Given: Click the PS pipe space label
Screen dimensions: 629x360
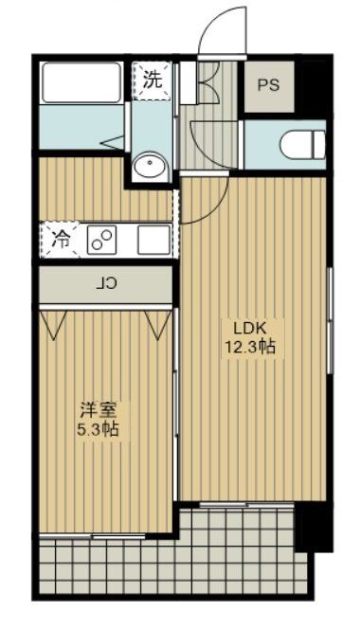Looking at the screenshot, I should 268,84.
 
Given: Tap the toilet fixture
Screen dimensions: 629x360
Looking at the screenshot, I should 302,143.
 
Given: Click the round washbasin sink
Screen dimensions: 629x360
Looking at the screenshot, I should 150,168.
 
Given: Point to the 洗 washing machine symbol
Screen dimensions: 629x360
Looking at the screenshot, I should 152,80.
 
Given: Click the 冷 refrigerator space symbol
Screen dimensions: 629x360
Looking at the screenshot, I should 60,239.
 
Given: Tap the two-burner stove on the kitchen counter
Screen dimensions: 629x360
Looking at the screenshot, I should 100,240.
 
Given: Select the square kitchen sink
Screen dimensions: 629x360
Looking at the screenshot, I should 152,240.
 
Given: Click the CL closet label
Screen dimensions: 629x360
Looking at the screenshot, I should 107,282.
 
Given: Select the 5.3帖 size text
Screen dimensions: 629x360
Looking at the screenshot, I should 98,428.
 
